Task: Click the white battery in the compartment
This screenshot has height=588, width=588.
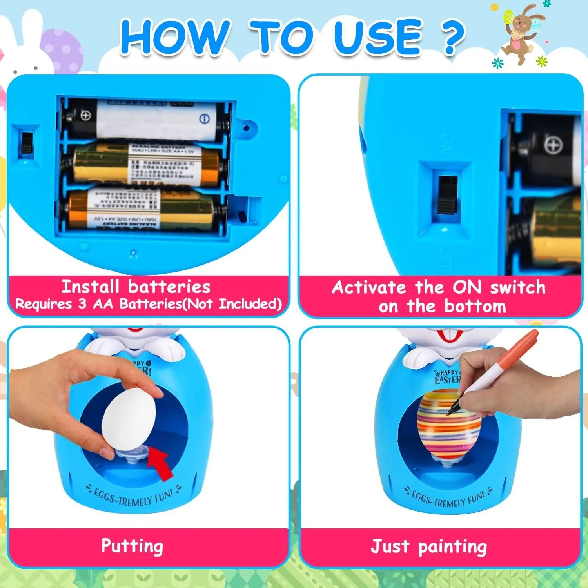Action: click(145, 118)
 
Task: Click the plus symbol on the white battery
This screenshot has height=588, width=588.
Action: click(85, 115)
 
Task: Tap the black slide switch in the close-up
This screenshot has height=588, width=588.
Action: click(447, 195)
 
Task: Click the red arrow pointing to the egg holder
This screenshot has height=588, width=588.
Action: click(161, 463)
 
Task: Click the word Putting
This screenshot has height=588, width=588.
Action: click(132, 546)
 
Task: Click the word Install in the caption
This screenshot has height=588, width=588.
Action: click(90, 287)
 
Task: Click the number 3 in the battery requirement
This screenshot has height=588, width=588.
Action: click(82, 304)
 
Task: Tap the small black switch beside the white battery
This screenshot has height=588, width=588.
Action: click(27, 143)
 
